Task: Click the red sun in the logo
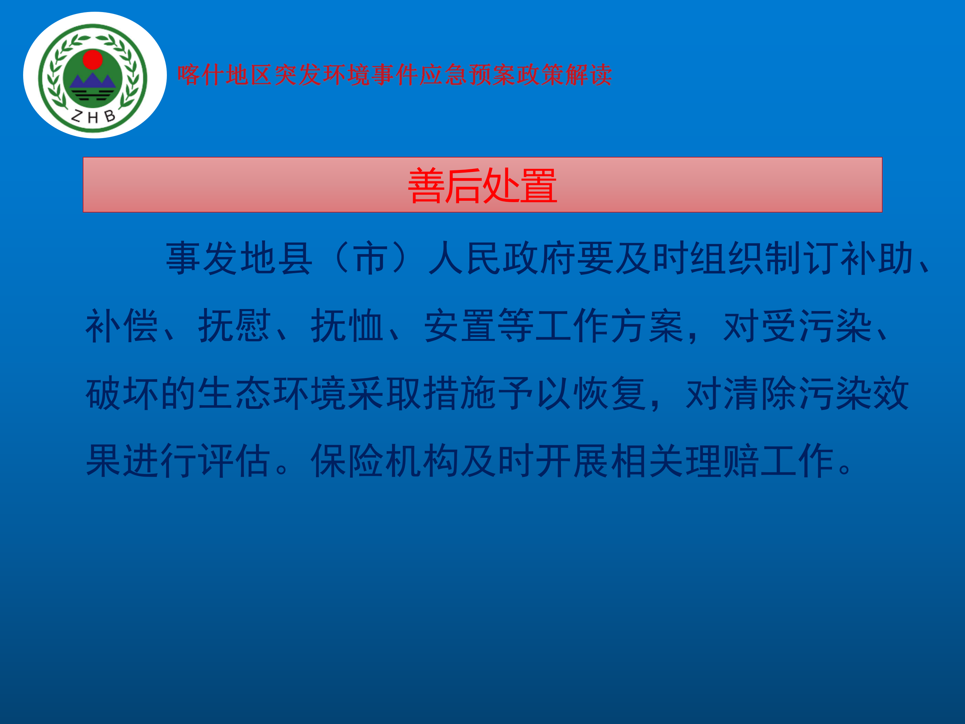[92, 59]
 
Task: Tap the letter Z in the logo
[77, 116]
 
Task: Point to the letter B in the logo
[110, 115]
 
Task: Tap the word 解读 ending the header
[588, 75]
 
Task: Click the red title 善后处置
[482, 185]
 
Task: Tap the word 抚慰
[235, 325]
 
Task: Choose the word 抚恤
[347, 325]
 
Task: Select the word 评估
[235, 461]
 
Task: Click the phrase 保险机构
[385, 461]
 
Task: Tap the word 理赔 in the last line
[722, 461]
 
